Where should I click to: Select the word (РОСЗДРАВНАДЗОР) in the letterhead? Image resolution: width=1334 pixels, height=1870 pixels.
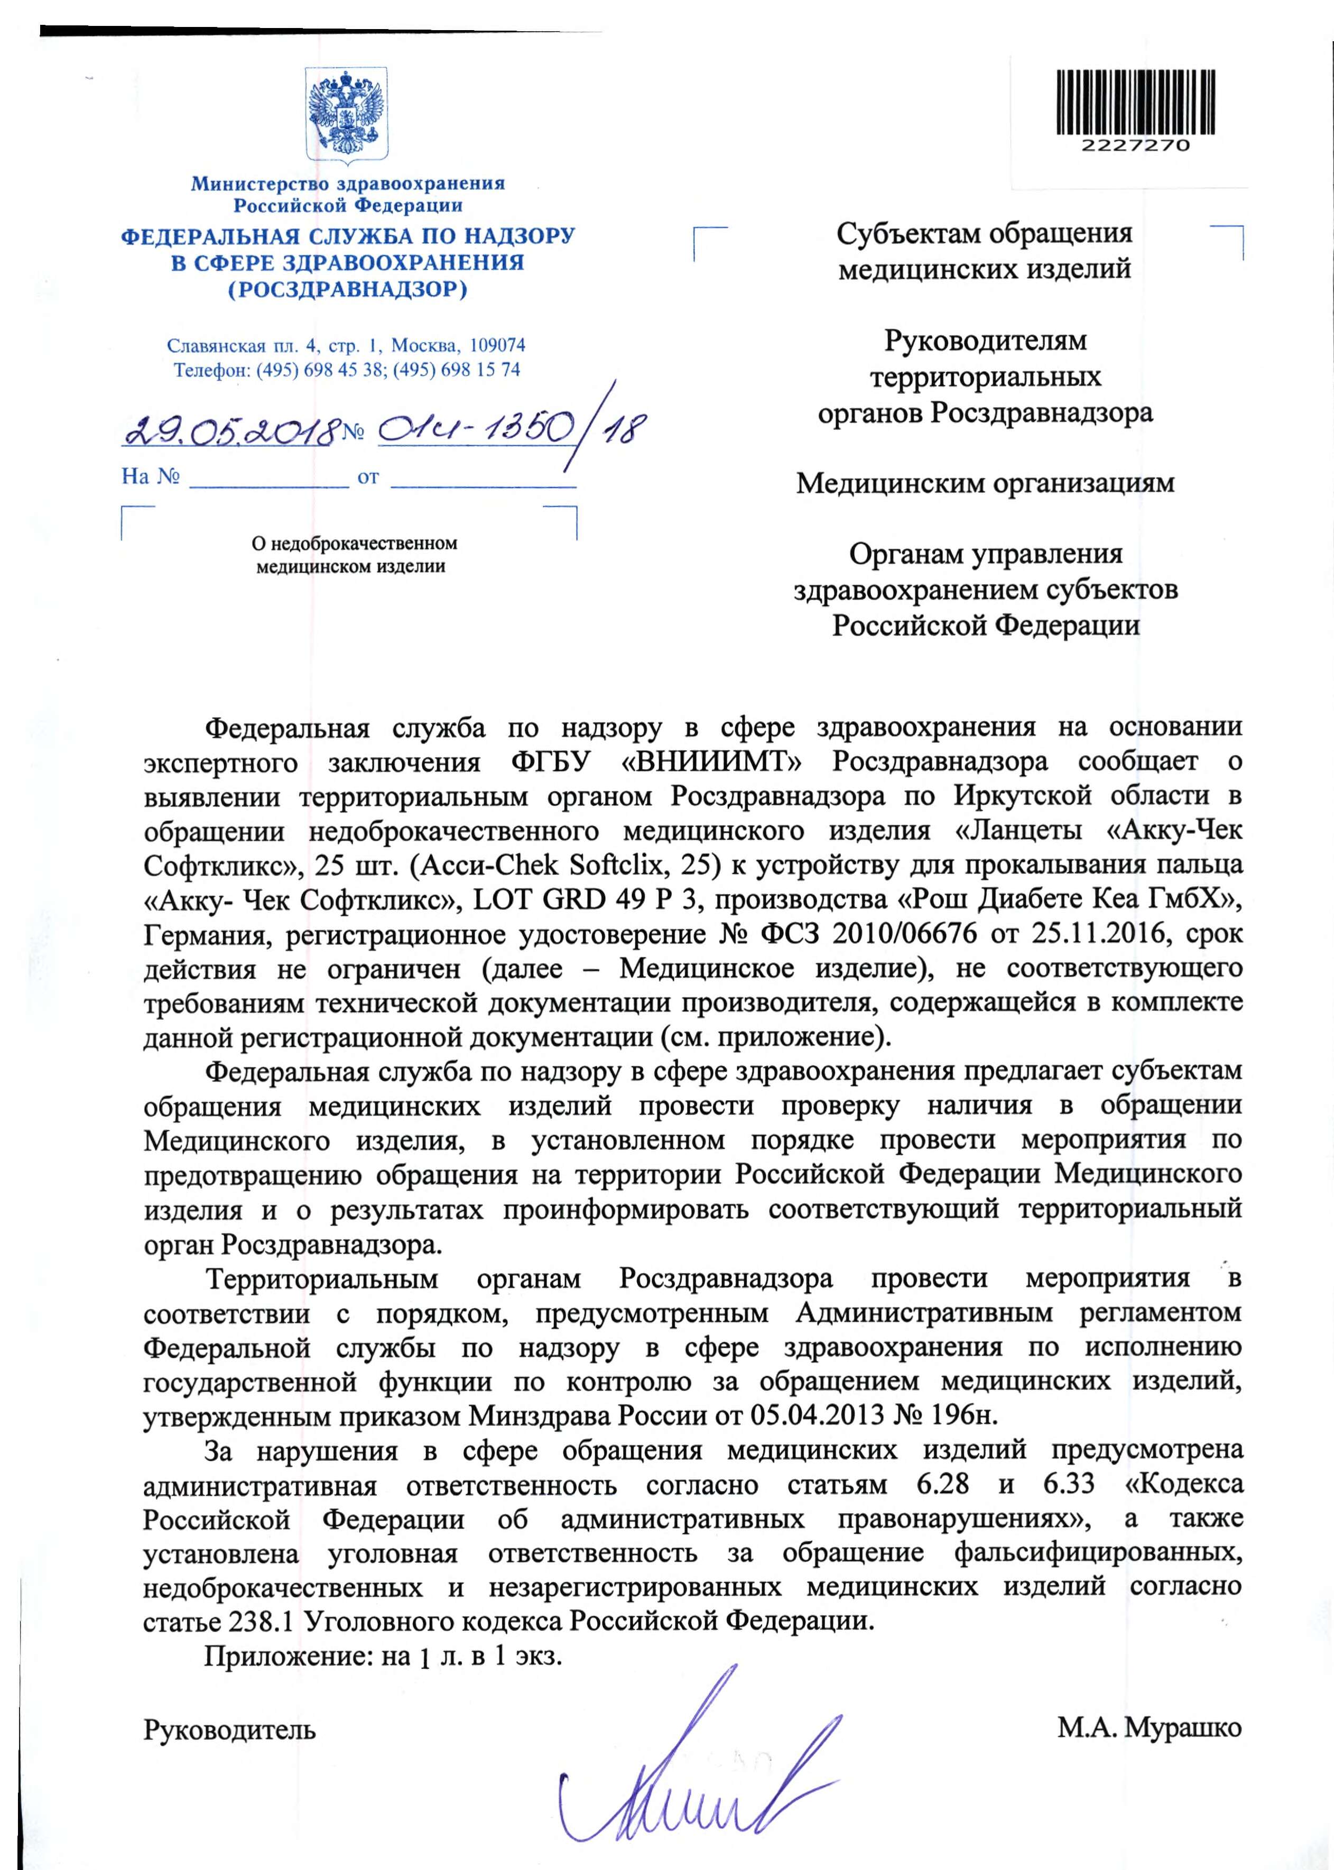[x=347, y=289]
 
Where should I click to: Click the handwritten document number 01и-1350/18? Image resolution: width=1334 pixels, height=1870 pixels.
[x=509, y=429]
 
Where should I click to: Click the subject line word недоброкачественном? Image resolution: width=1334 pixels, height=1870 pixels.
[x=354, y=543]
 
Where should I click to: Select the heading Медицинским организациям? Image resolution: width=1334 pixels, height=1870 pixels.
[x=985, y=483]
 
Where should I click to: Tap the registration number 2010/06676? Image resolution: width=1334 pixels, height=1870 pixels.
[x=904, y=935]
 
